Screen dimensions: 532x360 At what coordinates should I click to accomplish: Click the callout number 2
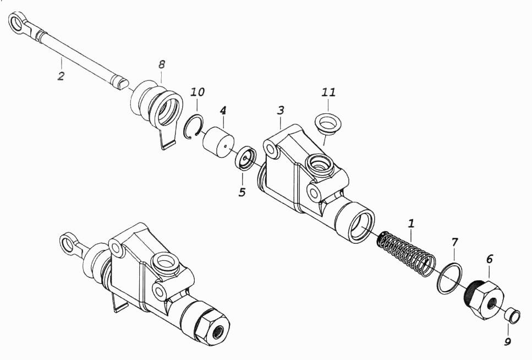(x=61, y=76)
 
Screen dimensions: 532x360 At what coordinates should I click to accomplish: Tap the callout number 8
(x=162, y=64)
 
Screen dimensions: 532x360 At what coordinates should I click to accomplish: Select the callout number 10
(x=198, y=92)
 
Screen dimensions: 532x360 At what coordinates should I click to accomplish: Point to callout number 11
(x=328, y=92)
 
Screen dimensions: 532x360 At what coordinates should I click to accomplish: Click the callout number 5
(x=242, y=192)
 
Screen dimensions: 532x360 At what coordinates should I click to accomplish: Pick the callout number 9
(x=507, y=341)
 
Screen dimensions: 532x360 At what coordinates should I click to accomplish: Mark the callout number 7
(x=454, y=242)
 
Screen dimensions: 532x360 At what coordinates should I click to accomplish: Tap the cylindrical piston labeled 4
(x=218, y=143)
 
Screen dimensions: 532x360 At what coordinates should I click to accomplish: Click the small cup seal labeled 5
(x=246, y=158)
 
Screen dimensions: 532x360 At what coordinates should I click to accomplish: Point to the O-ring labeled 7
(x=449, y=278)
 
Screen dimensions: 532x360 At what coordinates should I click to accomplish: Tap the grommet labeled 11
(x=328, y=124)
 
